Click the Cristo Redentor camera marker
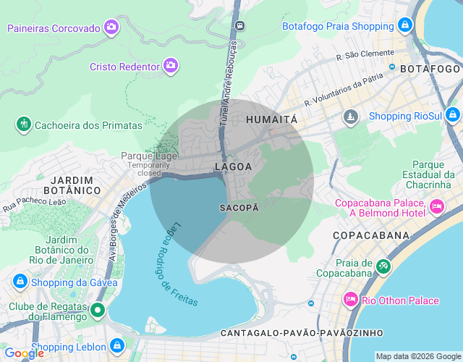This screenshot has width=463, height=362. [171, 66]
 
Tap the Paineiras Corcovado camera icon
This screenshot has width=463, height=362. [111, 28]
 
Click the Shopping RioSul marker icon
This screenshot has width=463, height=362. [453, 115]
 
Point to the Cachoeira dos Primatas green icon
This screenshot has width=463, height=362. [24, 125]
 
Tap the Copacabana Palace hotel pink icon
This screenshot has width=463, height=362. [437, 207]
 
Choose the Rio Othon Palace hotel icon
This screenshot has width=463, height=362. [351, 300]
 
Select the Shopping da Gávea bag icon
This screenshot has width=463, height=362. [20, 282]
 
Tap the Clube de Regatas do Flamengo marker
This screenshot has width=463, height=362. [98, 311]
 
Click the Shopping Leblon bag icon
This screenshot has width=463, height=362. [117, 346]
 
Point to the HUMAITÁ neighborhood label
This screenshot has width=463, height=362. [271, 119]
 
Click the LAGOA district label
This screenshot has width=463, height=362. [233, 167]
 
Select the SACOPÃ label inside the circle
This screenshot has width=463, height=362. [238, 207]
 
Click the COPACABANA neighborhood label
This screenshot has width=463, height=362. [371, 236]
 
